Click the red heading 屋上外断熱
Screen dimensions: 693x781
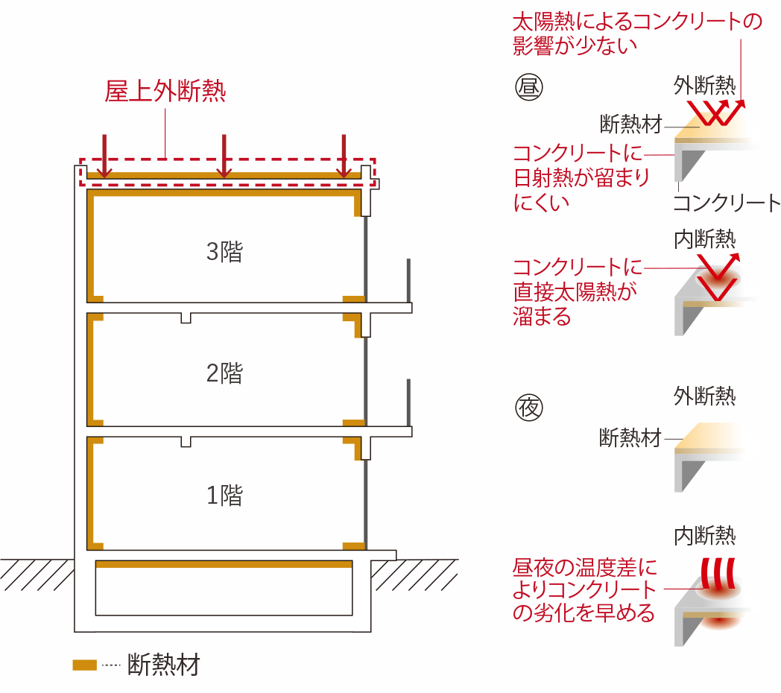click(x=165, y=92)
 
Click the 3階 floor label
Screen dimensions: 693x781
click(x=224, y=252)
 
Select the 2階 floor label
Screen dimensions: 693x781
click(x=224, y=373)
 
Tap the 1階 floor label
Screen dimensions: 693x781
click(x=224, y=495)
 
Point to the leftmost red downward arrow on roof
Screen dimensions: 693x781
click(x=104, y=155)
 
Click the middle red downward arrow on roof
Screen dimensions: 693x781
click(x=224, y=155)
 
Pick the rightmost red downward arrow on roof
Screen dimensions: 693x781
click(x=343, y=155)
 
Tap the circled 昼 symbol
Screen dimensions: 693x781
click(x=530, y=89)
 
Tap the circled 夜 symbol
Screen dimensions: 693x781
click(x=530, y=406)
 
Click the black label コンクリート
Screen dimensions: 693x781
click(x=725, y=203)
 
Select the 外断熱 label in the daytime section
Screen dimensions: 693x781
click(x=704, y=85)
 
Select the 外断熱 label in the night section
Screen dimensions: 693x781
click(x=704, y=395)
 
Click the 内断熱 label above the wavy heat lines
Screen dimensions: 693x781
click(x=704, y=535)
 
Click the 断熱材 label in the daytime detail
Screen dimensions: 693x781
click(x=630, y=123)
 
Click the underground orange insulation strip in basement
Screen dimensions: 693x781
click(x=224, y=565)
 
